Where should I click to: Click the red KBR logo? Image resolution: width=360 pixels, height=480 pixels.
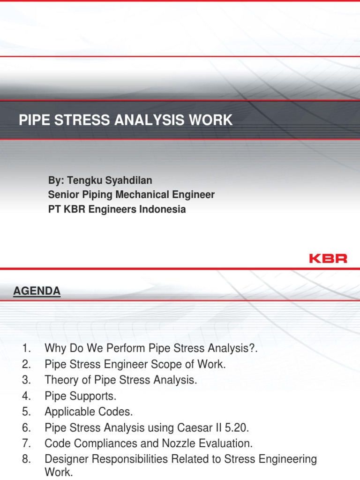(328, 258)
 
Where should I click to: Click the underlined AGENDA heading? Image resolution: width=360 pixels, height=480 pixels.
(37, 291)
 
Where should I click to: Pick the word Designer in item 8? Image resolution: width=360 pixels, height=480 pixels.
(64, 459)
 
